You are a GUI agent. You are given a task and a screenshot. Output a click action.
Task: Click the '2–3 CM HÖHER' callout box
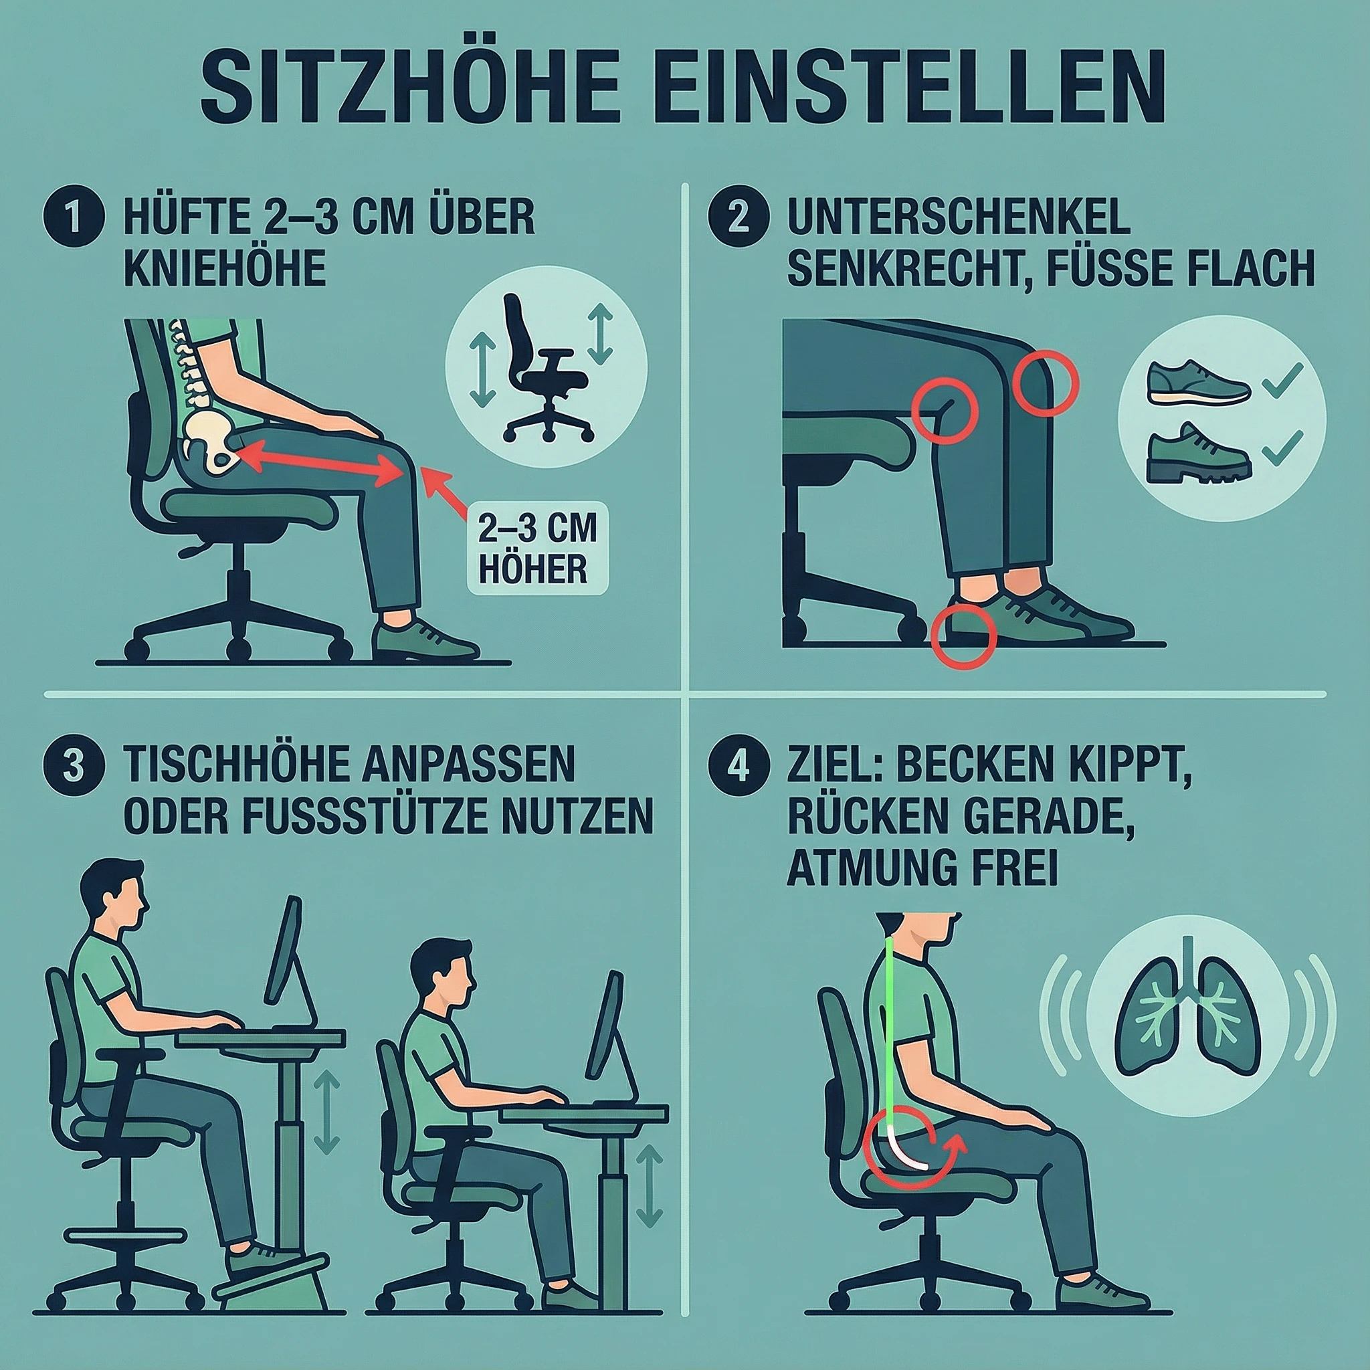tap(536, 550)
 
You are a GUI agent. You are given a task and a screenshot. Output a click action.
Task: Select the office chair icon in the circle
tap(545, 369)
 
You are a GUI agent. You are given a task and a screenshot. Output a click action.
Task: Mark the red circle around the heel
tap(963, 636)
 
